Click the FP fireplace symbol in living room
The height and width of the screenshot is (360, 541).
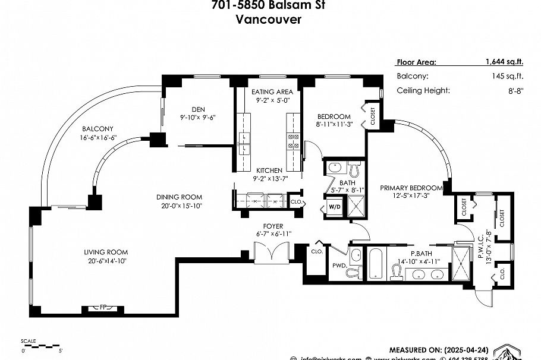95,309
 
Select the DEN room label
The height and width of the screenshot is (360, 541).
198,109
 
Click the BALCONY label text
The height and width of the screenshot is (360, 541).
97,128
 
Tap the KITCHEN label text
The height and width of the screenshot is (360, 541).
269,170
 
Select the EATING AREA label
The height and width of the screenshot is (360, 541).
271,92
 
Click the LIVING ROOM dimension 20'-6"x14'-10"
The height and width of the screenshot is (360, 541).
106,260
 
